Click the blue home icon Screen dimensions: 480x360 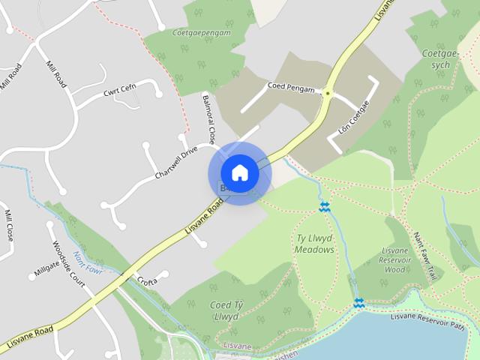click(x=239, y=172)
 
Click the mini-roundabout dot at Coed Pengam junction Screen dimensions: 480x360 click(x=328, y=94)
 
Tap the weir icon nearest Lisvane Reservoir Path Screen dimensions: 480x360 click(x=358, y=303)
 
